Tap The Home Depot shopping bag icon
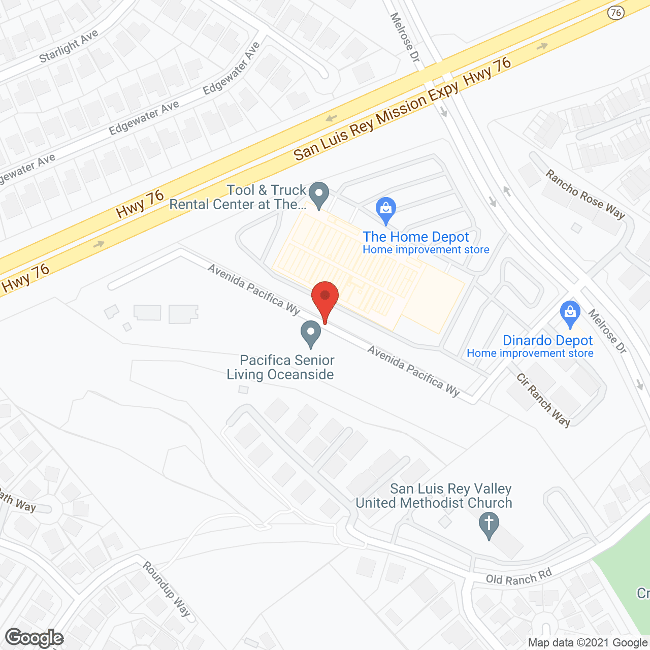pos(386,209)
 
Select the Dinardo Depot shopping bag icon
pos(570,313)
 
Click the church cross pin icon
pos(489,525)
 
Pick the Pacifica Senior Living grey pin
pos(311,334)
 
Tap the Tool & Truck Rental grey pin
pos(319,194)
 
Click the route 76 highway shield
pos(616,13)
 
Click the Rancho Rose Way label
pos(585,194)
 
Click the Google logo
pos(35,638)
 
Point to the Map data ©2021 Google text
pos(588,643)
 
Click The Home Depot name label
pos(416,237)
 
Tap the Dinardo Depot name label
pos(548,340)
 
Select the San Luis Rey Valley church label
pos(434,496)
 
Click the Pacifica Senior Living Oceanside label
pos(281,367)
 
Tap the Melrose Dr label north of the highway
pos(405,38)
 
